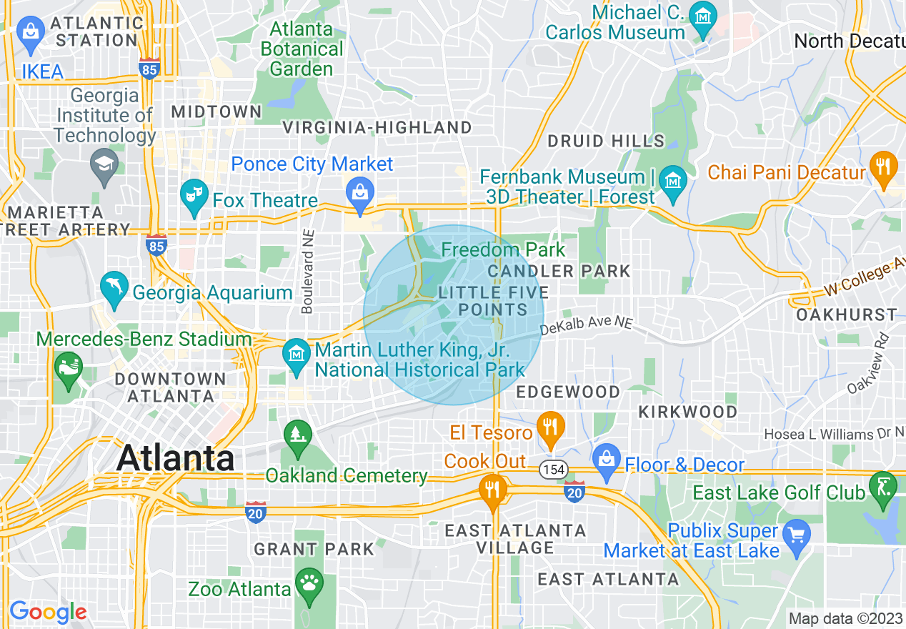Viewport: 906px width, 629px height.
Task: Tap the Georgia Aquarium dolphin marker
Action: coord(114,287)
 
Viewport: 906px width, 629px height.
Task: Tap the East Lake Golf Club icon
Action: coord(882,488)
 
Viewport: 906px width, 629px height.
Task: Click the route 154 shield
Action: coord(553,470)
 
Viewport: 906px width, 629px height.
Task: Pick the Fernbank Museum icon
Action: coord(672,179)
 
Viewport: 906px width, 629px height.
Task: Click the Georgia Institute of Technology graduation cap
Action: coord(104,165)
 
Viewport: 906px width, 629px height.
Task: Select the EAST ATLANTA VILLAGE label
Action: coord(515,539)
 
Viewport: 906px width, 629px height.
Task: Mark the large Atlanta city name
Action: coord(175,457)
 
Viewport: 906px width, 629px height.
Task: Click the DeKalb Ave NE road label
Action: coord(586,325)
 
